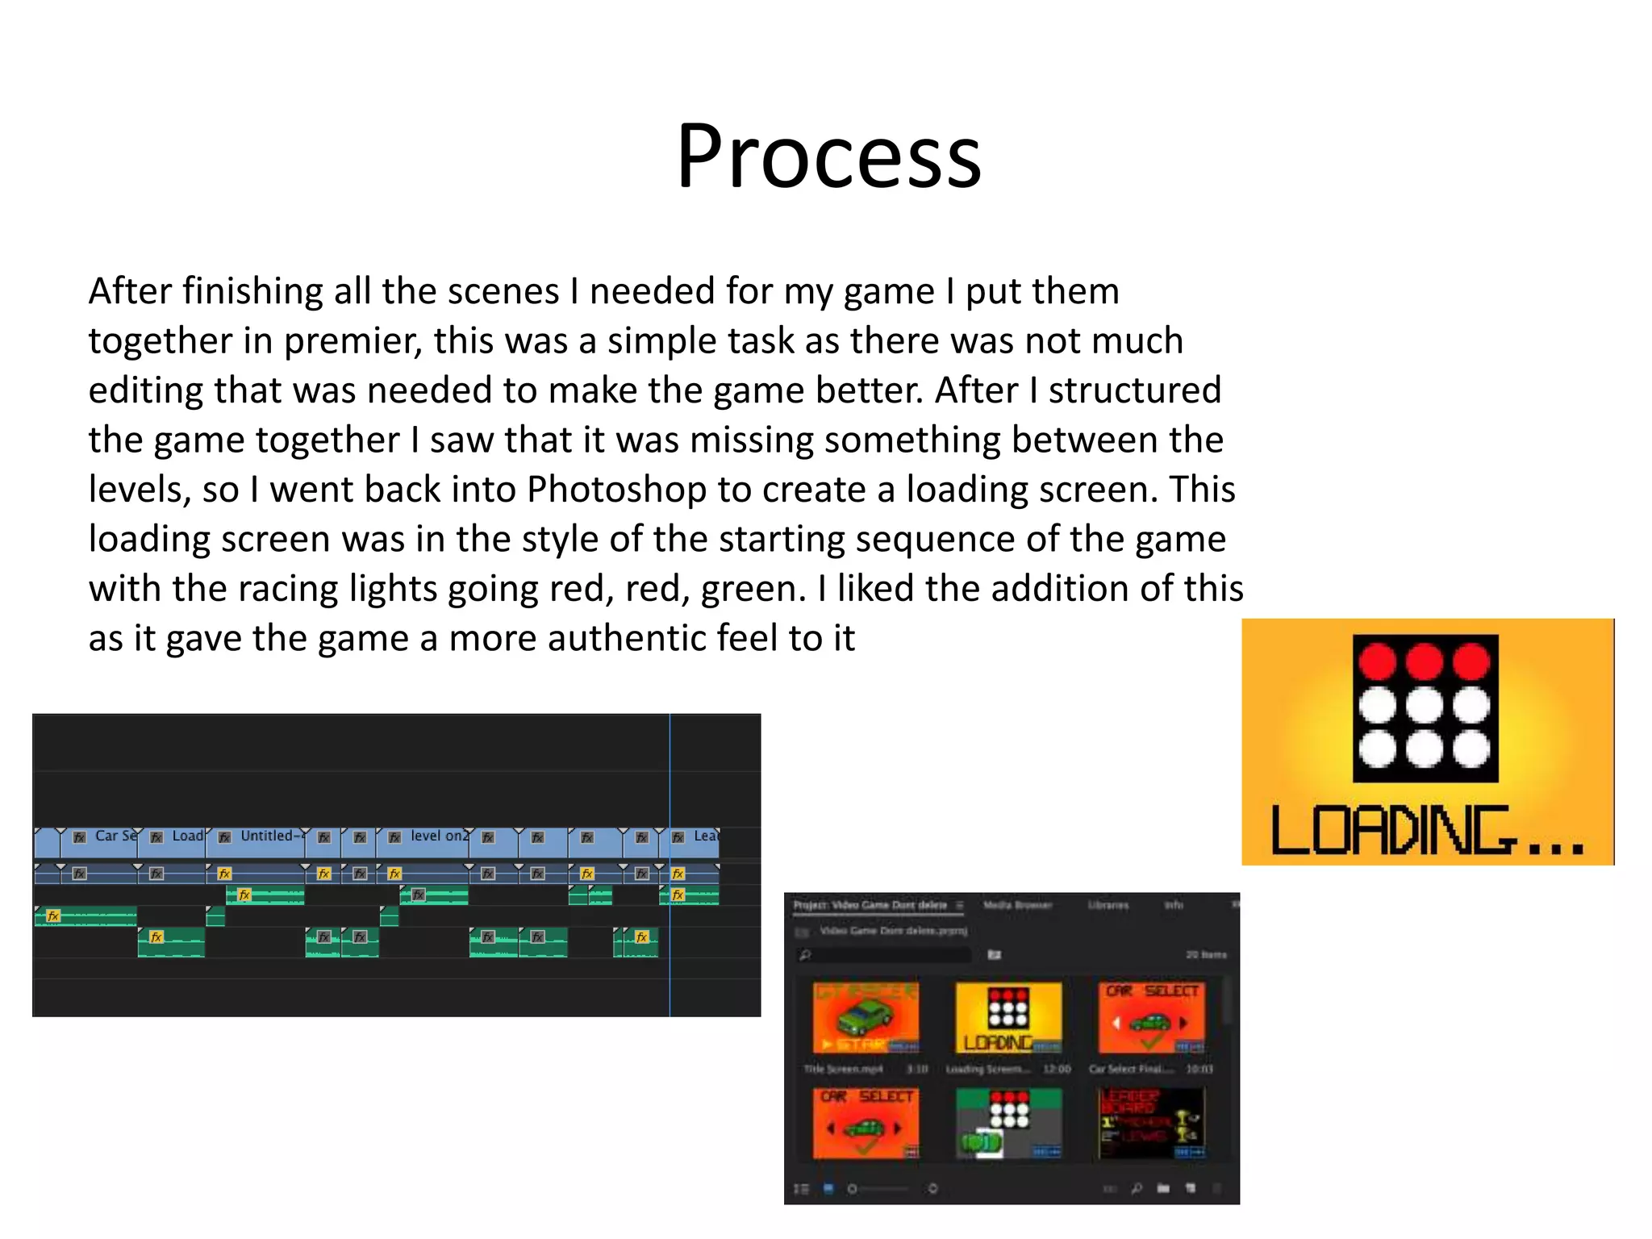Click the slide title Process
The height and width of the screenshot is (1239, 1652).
tap(828, 156)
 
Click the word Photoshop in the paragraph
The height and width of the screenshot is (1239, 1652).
tap(616, 490)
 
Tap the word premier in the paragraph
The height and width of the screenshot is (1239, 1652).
tap(352, 341)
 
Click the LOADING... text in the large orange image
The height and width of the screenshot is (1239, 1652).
tap(1426, 831)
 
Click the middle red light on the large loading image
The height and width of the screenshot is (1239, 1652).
tap(1425, 661)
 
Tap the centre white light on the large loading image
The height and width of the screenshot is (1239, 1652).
tap(1425, 707)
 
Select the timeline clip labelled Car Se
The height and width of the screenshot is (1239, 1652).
tap(105, 841)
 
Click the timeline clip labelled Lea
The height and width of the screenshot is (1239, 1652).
tap(697, 841)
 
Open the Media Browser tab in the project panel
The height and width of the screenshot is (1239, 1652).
tap(1017, 905)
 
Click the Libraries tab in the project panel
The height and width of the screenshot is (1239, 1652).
tap(1108, 905)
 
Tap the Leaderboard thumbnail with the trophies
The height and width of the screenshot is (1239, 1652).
tap(1152, 1123)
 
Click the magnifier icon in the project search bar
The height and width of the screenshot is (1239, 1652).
tap(804, 955)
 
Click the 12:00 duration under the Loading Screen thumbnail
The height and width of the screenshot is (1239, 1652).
tap(1057, 1069)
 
